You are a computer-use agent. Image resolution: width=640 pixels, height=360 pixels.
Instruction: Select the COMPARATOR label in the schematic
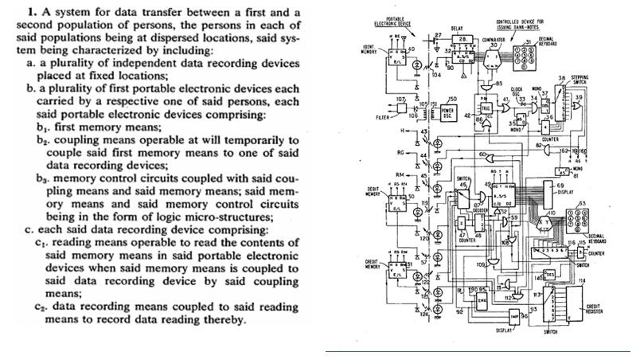(493, 38)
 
